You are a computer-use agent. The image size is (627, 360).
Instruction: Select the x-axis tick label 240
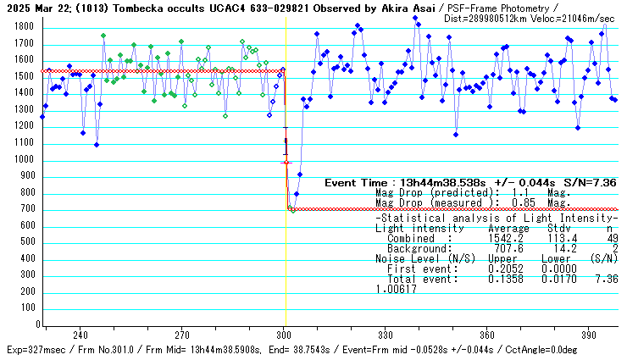(81, 335)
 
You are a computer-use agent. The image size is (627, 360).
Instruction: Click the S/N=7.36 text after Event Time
(592, 183)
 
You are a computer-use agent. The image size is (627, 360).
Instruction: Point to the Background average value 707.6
(509, 249)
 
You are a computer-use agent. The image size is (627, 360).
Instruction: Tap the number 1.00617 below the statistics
(397, 289)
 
